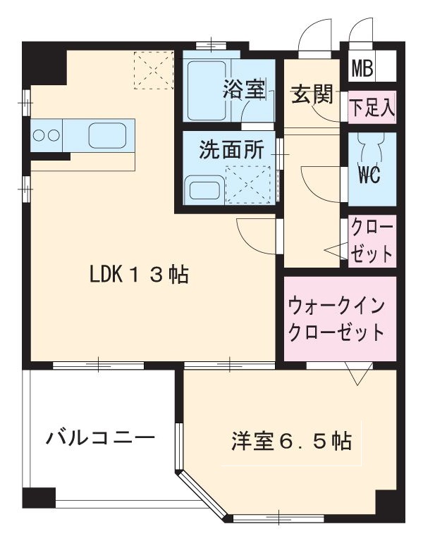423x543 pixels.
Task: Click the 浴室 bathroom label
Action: tap(245, 89)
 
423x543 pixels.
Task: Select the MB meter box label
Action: tap(363, 70)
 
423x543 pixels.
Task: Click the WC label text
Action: tap(368, 175)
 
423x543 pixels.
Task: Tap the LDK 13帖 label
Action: tap(138, 275)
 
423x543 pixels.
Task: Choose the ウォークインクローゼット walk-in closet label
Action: tap(336, 319)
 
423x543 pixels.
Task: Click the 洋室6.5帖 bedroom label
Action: tap(291, 442)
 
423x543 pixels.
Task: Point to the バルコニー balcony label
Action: tap(100, 438)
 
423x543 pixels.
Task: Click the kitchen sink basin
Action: tap(106, 133)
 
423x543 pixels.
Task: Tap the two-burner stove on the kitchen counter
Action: tap(47, 134)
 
